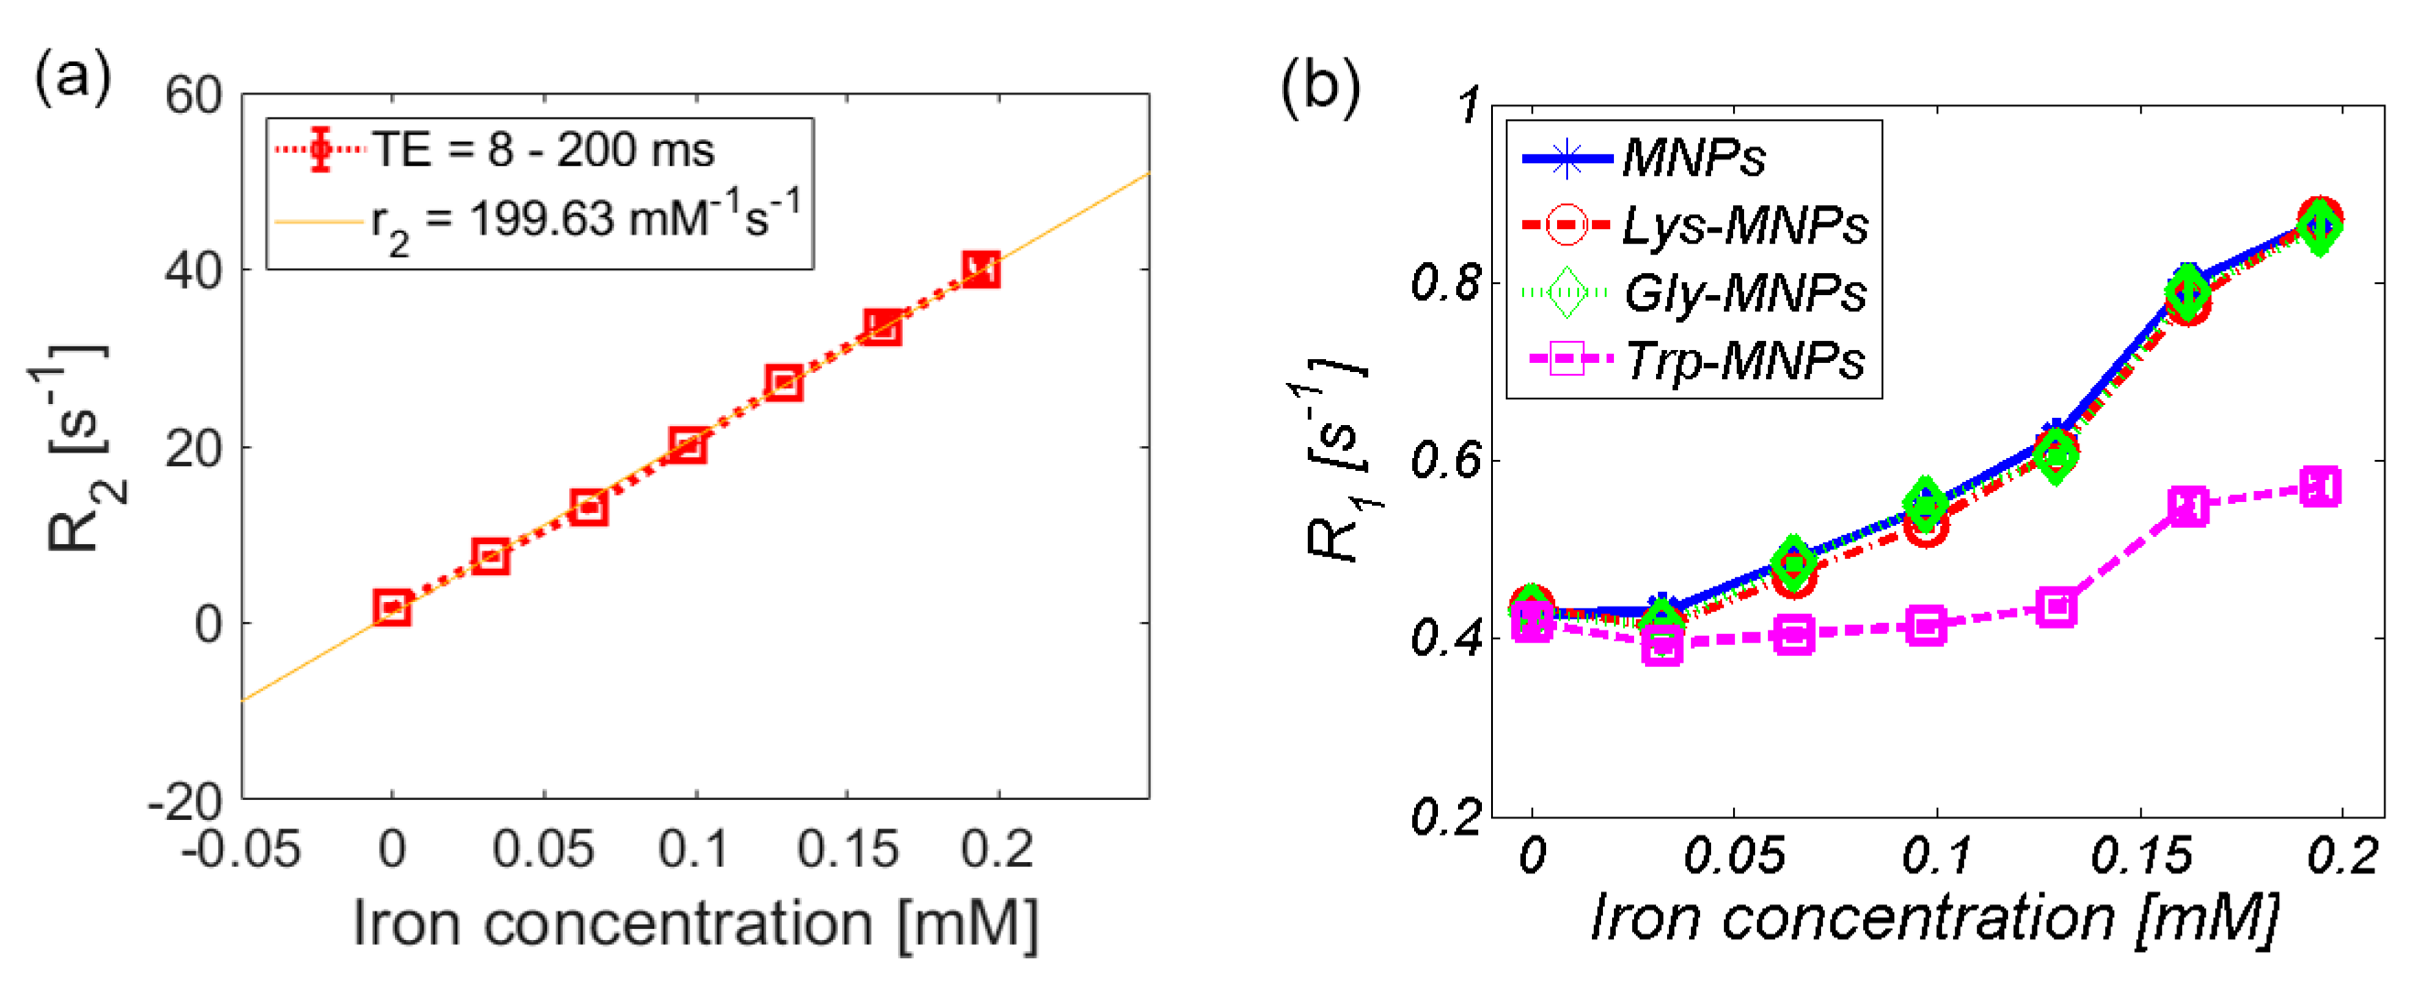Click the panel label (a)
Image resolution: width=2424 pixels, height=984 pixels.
point(72,77)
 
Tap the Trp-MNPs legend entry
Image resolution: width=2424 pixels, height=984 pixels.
point(1744,361)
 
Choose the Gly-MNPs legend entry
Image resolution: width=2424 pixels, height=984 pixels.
point(1744,293)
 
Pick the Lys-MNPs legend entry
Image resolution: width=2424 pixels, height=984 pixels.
point(1744,225)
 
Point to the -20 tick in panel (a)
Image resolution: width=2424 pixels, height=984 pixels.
point(184,802)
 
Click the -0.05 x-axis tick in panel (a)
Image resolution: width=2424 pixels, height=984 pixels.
point(241,849)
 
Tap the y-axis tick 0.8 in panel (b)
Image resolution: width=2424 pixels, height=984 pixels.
point(1446,283)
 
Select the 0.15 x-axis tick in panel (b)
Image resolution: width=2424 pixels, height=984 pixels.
point(2141,856)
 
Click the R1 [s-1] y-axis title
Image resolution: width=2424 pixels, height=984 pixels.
point(1337,461)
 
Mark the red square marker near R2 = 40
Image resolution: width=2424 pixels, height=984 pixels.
point(981,270)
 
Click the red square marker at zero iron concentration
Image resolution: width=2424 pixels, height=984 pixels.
point(391,607)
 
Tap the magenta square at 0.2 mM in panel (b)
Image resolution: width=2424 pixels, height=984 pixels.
point(2320,487)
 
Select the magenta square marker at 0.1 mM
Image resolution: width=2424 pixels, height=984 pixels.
point(1926,626)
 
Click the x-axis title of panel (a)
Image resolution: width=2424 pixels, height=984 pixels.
point(696,924)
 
